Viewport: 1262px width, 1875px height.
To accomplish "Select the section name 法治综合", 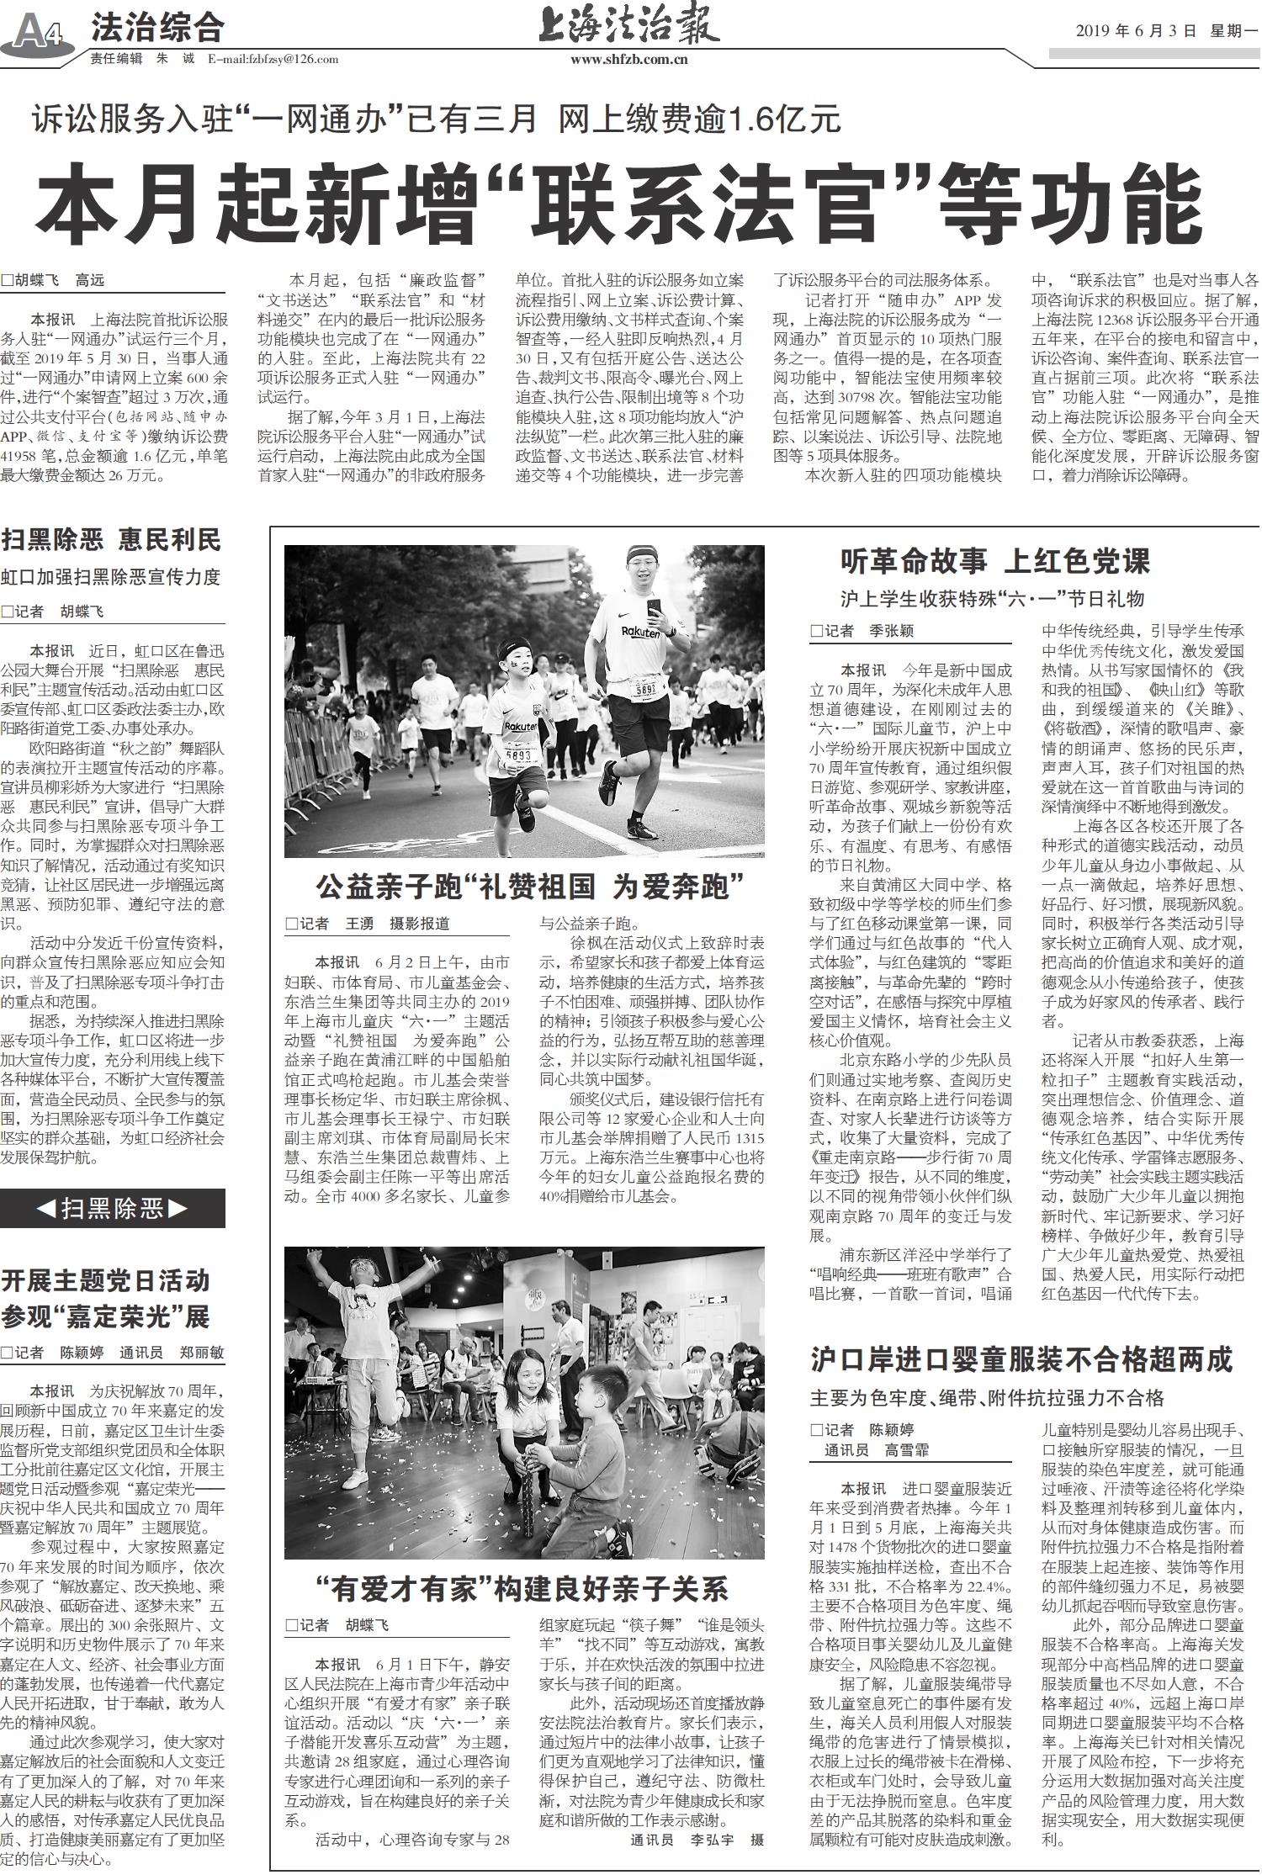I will point(157,29).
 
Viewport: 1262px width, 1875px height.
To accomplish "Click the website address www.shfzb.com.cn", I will point(629,59).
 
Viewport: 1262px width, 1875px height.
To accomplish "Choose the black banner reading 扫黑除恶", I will point(113,1209).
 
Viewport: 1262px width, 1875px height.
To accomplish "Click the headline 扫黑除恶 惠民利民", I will point(111,539).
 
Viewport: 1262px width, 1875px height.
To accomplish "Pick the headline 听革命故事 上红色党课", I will point(994,560).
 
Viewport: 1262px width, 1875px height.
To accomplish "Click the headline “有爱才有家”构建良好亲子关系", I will point(522,1588).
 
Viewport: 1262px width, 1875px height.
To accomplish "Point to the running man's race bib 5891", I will point(645,690).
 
